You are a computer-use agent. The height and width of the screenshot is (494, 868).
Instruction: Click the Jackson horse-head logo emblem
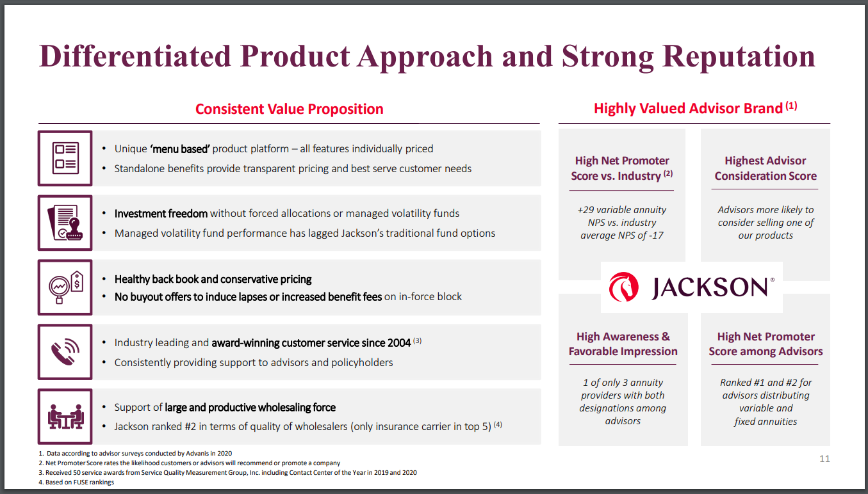click(x=623, y=287)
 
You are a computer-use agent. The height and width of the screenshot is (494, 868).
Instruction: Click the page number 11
click(x=824, y=459)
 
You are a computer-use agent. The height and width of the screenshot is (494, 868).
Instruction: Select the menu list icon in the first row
click(x=65, y=158)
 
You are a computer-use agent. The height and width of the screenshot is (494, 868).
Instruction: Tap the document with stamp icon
click(x=65, y=223)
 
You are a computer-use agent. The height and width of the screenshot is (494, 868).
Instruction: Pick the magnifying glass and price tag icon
click(x=66, y=287)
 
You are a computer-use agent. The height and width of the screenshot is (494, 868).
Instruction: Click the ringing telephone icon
click(x=65, y=352)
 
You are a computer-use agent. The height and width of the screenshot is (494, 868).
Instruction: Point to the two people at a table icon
click(x=65, y=417)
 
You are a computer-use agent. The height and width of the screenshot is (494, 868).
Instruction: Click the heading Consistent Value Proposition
click(x=289, y=109)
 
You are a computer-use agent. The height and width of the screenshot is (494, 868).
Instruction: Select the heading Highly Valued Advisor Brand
click(x=688, y=108)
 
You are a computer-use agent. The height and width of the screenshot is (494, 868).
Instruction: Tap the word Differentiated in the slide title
click(x=135, y=56)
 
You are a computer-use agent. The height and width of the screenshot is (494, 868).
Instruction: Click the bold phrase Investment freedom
click(x=161, y=213)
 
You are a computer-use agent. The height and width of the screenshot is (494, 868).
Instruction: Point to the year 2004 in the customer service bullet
click(x=398, y=343)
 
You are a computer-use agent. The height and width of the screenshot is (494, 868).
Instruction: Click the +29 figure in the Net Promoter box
click(x=585, y=210)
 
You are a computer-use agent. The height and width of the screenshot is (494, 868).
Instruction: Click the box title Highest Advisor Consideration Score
click(x=766, y=168)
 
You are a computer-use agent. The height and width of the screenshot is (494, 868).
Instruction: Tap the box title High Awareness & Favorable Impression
click(x=623, y=344)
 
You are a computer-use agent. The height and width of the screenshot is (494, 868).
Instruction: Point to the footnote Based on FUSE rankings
click(x=80, y=482)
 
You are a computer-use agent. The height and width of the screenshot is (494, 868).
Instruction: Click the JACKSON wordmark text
click(x=710, y=288)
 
